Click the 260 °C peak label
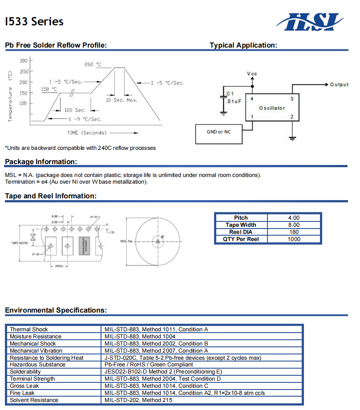pyautogui.click(x=93, y=64)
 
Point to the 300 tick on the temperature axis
pyautogui.click(x=23, y=60)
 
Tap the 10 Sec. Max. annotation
pyautogui.click(x=121, y=100)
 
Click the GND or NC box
pyautogui.click(x=218, y=132)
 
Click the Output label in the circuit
pyautogui.click(x=339, y=84)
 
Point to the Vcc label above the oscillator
pyautogui.click(x=252, y=74)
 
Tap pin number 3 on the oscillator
pyautogui.click(x=292, y=99)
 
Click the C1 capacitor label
pyautogui.click(x=230, y=93)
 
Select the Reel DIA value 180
pyautogui.click(x=294, y=232)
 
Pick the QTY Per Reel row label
pyautogui.click(x=241, y=239)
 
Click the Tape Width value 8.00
pyautogui.click(x=294, y=225)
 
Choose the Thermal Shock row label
pyautogui.click(x=29, y=330)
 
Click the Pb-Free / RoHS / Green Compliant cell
pyautogui.click(x=149, y=365)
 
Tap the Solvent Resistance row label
pyautogui.click(x=34, y=400)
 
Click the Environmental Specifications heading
pyautogui.click(x=56, y=310)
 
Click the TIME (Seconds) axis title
pyautogui.click(x=87, y=133)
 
